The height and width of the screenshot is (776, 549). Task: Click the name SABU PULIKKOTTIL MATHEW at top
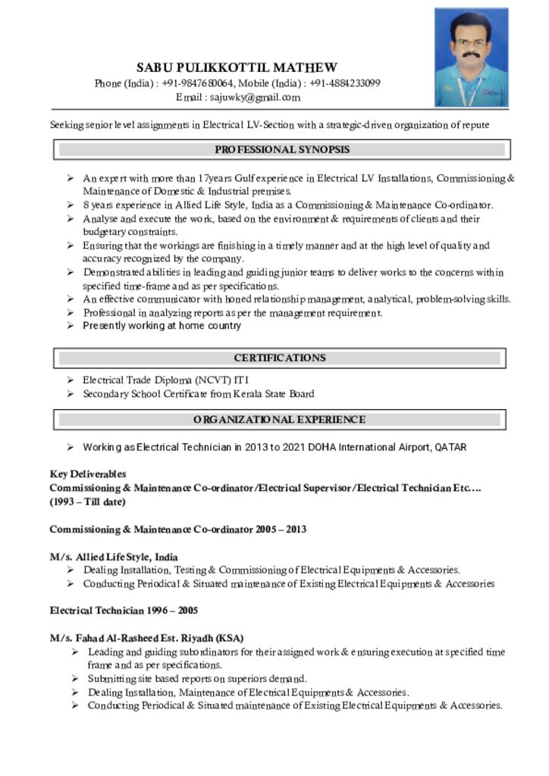[x=237, y=67]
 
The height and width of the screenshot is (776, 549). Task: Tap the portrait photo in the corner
[x=471, y=58]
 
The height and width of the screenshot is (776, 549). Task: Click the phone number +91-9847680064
[x=198, y=83]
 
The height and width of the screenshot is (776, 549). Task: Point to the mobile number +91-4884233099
[x=345, y=83]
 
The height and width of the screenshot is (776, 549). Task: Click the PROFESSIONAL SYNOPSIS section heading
[x=282, y=150]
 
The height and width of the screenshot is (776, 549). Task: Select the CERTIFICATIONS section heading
[x=280, y=358]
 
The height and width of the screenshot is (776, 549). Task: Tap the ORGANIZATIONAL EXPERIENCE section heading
[x=279, y=419]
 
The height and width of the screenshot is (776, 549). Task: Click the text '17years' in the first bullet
[x=215, y=178]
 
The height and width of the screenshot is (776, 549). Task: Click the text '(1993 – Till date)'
[x=88, y=502]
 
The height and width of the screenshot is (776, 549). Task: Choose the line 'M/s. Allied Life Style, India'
[x=114, y=557]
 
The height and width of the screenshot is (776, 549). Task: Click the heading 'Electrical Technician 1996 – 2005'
[x=124, y=610]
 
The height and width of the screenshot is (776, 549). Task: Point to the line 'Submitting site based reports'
[x=197, y=679]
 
